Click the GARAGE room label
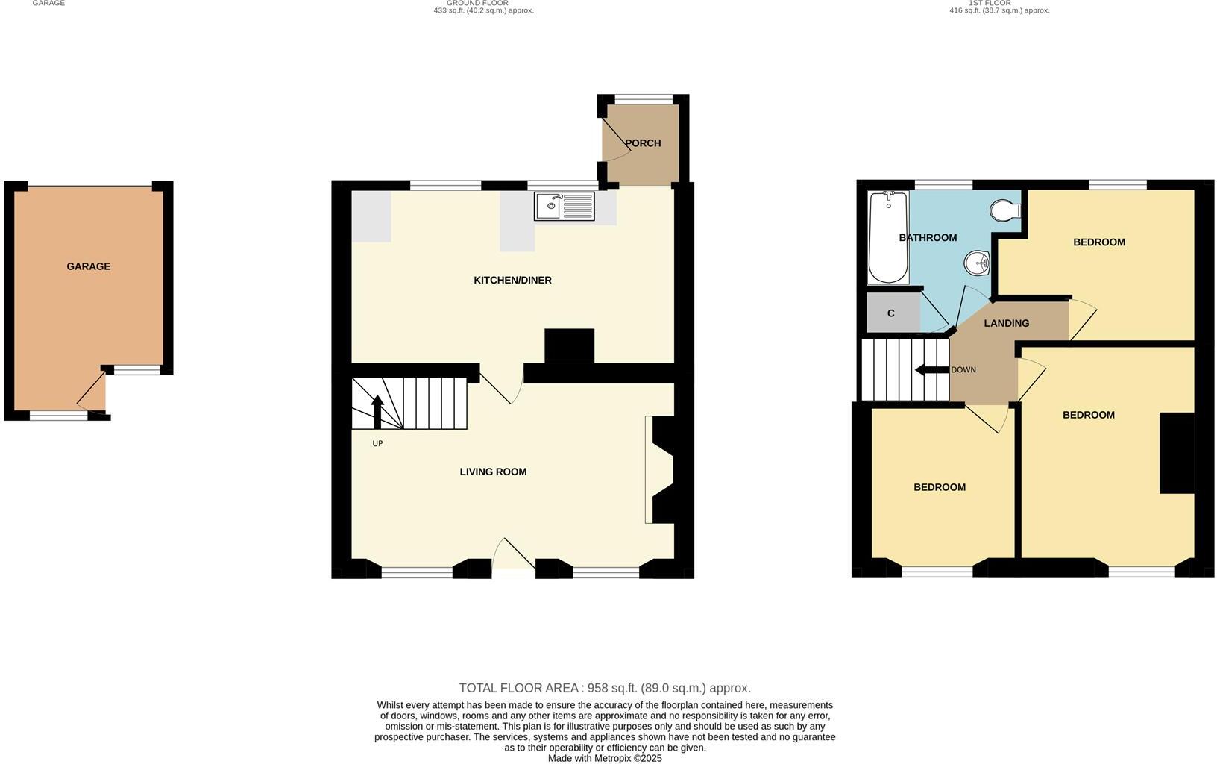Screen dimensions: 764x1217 [88, 266]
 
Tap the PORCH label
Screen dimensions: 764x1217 [643, 143]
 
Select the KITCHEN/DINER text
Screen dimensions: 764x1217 [512, 281]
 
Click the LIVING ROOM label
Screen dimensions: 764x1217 [493, 472]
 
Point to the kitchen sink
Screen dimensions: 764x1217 [564, 206]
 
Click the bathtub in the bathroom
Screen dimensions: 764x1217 [887, 237]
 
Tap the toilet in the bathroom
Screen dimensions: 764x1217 [1004, 210]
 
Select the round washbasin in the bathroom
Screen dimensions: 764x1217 [977, 263]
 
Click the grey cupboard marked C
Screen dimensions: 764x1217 [891, 313]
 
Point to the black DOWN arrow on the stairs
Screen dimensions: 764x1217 [931, 370]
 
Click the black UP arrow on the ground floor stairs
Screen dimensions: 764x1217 [377, 410]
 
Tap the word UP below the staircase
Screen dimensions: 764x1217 [377, 443]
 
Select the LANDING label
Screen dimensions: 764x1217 [1006, 323]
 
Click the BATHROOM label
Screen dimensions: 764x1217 [928, 238]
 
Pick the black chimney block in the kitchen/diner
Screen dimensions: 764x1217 [570, 346]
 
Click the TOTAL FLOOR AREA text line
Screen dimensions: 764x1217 [605, 688]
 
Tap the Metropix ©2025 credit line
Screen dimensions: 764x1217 [605, 758]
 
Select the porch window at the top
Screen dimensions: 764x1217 [643, 98]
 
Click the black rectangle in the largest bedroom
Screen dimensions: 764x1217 [1177, 453]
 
